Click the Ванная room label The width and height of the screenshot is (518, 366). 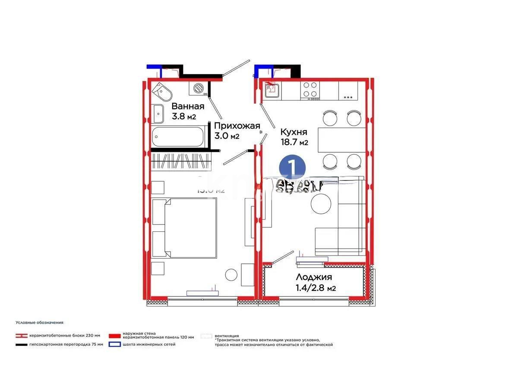tap(188, 106)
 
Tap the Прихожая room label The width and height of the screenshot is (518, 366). tap(237, 126)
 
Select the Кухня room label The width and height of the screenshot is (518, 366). tap(294, 132)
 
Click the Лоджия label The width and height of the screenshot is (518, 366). tap(314, 277)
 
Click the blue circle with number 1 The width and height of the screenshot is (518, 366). tap(292, 166)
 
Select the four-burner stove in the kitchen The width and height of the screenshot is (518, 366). tap(310, 89)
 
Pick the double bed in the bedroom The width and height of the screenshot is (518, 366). tap(184, 228)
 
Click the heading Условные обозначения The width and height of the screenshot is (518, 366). tap(39, 322)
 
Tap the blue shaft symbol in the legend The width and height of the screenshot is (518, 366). tap(114, 344)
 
